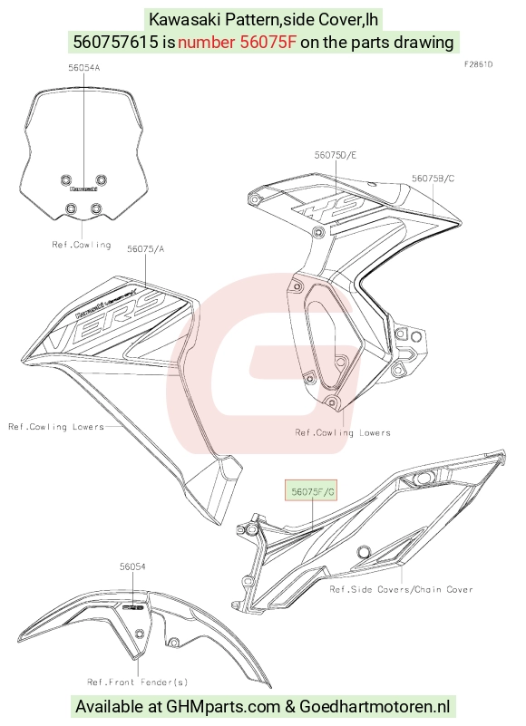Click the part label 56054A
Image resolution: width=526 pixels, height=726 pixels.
[x=83, y=68]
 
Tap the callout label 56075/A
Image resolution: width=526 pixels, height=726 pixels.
[x=145, y=249]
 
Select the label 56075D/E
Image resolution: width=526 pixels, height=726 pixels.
[x=336, y=155]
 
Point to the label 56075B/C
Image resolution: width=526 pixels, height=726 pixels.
[x=433, y=179]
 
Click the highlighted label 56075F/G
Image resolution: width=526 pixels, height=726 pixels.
[x=311, y=491]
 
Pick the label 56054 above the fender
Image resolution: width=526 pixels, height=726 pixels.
[x=132, y=566]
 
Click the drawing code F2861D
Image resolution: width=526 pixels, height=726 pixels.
[x=478, y=64]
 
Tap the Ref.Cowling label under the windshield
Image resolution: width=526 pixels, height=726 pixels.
[x=82, y=245]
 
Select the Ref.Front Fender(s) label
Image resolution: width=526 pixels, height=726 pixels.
[x=138, y=682]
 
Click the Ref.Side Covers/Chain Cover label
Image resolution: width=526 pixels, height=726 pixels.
[x=402, y=589]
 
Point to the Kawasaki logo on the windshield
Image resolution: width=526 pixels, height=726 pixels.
[x=83, y=189]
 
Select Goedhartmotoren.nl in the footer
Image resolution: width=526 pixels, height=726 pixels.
[x=375, y=707]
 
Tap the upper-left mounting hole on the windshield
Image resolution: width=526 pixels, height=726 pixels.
[x=66, y=179]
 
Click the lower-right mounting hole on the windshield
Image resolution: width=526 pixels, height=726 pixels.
[x=96, y=208]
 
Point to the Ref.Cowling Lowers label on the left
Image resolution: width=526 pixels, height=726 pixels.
[x=56, y=426]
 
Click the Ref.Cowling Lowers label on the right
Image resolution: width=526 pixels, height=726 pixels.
[x=343, y=433]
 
